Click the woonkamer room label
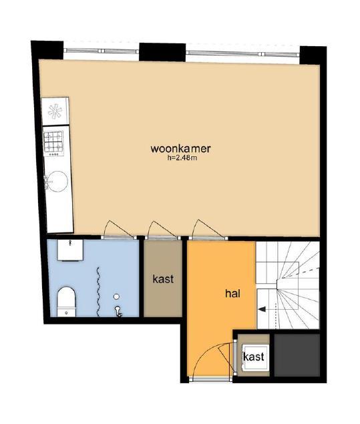(x=180, y=149)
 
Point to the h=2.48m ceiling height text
(x=182, y=158)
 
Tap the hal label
(x=233, y=293)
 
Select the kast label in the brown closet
(x=163, y=279)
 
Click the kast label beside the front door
(x=253, y=357)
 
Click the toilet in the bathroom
(x=67, y=302)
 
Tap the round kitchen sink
(x=57, y=181)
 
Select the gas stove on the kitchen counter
(x=54, y=144)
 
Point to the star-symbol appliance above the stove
(x=55, y=111)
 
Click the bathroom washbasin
(x=70, y=250)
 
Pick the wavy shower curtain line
(x=99, y=292)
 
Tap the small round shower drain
(x=116, y=296)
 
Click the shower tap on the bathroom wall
(x=118, y=311)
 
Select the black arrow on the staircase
(x=262, y=309)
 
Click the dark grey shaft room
(x=297, y=355)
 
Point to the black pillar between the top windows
(x=162, y=52)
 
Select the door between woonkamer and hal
(x=208, y=238)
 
